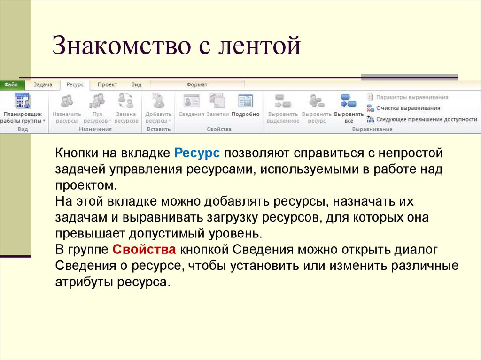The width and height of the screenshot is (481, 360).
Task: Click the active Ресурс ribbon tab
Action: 75,84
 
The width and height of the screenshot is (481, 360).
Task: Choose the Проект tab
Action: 107,84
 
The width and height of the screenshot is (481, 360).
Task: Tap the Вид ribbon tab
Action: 136,84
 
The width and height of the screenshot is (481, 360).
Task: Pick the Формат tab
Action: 197,84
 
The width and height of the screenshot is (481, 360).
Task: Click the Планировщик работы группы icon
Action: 22,101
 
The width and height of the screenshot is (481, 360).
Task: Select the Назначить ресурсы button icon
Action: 67,101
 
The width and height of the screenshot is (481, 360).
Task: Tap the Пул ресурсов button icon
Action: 97,101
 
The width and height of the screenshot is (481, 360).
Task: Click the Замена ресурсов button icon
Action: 126,101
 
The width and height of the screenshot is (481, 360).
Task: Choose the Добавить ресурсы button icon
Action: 158,101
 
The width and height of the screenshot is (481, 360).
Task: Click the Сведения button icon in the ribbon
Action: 191,101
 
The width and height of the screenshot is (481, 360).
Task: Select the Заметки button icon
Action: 217,101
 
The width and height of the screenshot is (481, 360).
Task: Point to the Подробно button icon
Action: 245,101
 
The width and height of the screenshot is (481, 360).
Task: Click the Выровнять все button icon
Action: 349,101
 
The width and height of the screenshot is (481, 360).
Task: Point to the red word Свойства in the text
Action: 145,249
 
